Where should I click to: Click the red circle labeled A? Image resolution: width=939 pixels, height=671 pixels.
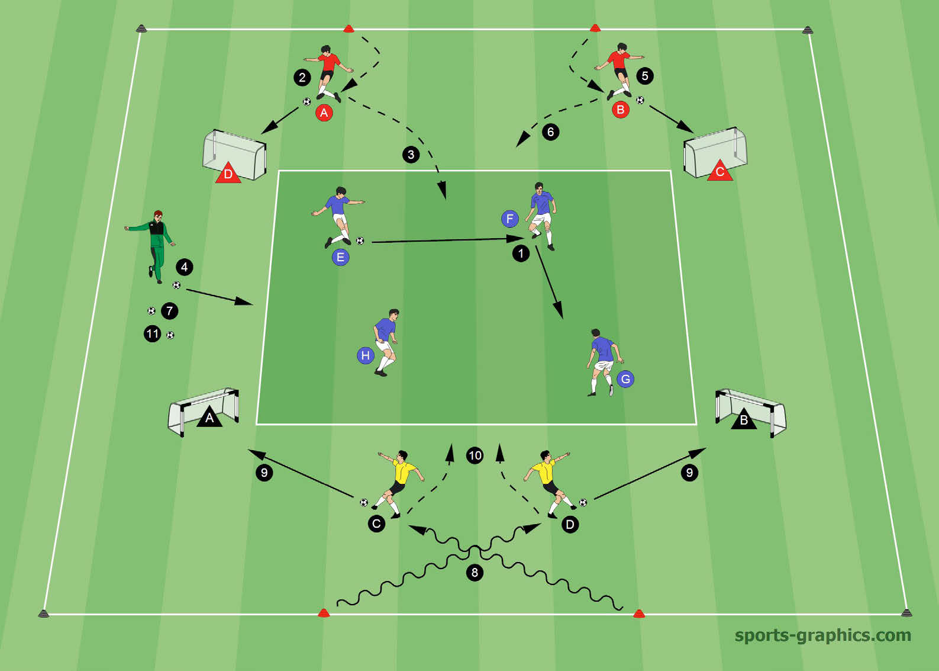(x=324, y=113)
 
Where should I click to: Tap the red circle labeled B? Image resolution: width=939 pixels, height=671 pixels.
(x=621, y=110)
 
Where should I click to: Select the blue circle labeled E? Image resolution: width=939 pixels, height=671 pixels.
(x=340, y=257)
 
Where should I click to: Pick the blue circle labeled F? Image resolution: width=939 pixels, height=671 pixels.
(x=510, y=219)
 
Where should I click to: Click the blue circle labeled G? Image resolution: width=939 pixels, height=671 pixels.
(x=625, y=379)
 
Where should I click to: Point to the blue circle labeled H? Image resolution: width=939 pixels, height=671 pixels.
(x=365, y=355)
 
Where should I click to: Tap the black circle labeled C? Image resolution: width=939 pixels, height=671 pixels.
(x=376, y=524)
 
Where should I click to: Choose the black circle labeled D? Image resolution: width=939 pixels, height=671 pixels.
(x=570, y=524)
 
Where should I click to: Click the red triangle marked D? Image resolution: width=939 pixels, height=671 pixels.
(x=228, y=173)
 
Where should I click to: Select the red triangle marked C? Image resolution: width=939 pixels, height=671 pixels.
(x=720, y=171)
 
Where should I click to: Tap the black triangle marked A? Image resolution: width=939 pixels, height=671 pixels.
(x=209, y=417)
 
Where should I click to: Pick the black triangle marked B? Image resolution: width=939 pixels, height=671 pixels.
(x=744, y=419)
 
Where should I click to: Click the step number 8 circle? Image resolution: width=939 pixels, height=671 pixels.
(x=475, y=572)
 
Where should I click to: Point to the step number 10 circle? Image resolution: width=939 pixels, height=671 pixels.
(x=475, y=456)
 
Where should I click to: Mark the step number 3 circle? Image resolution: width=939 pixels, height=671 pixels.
(x=411, y=155)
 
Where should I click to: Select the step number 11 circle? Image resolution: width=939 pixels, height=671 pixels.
(x=153, y=334)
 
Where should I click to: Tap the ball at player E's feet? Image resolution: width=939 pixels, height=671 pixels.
(x=360, y=241)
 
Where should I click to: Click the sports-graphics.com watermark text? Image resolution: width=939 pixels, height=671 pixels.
(x=823, y=635)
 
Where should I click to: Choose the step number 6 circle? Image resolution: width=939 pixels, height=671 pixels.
(x=550, y=132)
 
